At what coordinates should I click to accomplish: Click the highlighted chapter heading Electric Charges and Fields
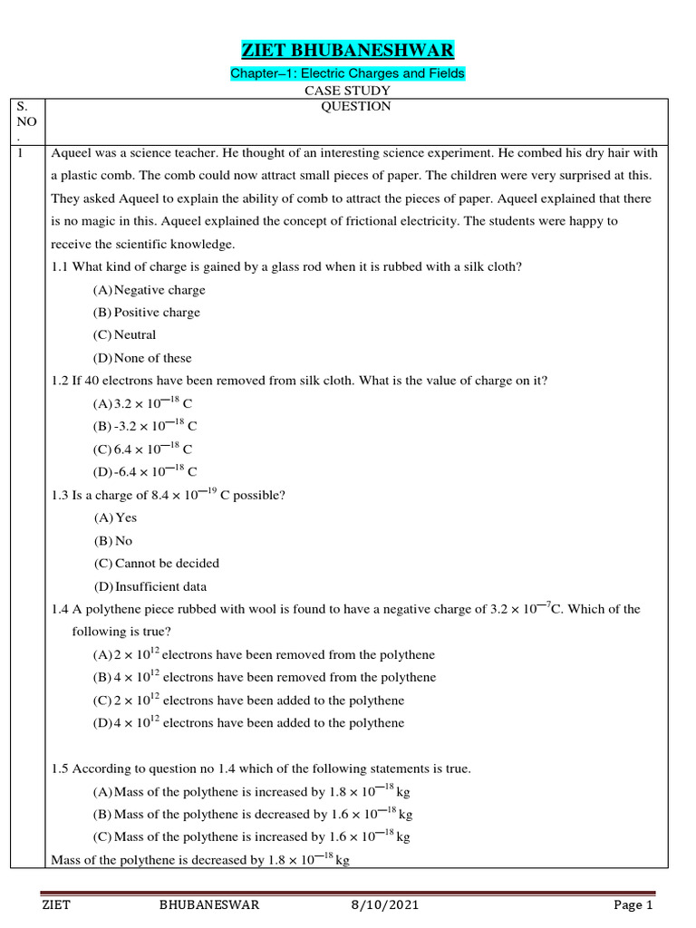348,73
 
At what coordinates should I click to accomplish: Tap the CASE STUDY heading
348,91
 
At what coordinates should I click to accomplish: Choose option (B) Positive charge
146,313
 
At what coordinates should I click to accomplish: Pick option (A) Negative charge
149,290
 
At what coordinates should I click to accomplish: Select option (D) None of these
142,358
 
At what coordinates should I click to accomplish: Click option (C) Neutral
124,335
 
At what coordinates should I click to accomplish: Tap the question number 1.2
62,381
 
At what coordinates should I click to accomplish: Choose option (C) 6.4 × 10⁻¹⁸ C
143,449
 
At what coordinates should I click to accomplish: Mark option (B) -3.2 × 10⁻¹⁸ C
145,426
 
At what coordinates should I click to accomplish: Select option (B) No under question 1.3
113,541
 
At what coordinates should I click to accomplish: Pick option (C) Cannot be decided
156,564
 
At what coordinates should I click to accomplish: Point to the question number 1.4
62,610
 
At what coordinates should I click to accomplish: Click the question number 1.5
62,769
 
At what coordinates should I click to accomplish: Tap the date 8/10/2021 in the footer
385,905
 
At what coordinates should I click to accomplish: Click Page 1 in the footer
633,905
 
